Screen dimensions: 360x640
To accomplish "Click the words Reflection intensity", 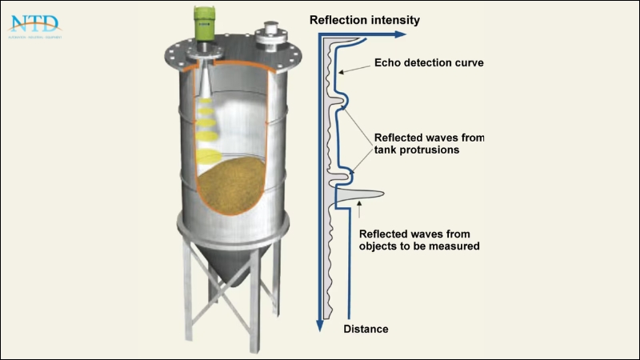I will (x=364, y=19).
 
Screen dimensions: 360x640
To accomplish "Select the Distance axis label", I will (x=366, y=329).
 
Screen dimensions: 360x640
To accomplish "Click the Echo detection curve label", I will (x=429, y=62).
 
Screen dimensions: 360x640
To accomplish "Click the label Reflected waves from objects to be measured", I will (x=419, y=240).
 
